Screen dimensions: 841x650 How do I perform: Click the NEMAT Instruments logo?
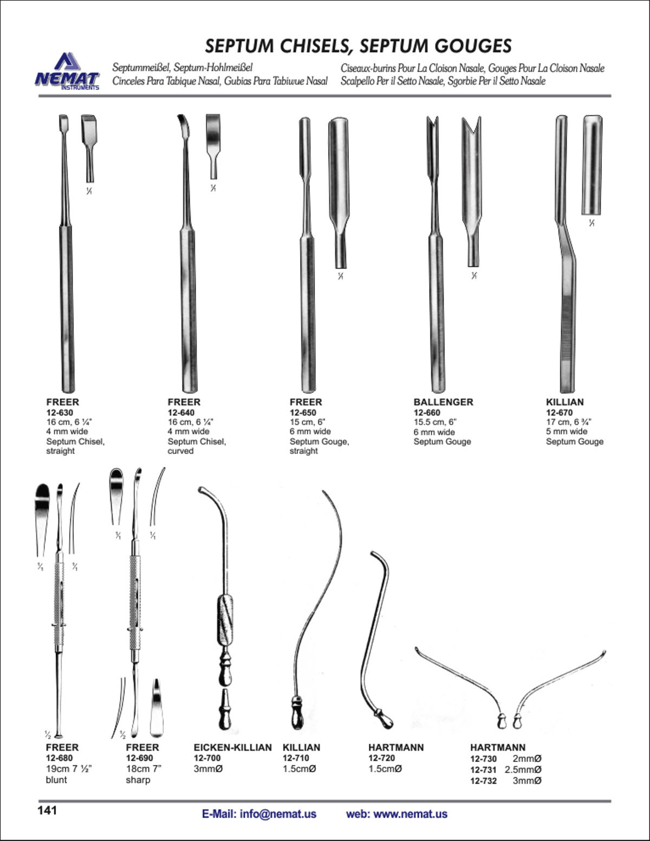pos(67,72)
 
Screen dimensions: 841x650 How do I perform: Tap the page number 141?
pos(47,811)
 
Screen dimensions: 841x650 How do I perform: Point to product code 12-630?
pos(60,413)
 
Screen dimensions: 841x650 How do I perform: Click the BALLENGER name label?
pos(443,402)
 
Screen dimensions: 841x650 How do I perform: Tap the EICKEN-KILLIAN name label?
pos(233,747)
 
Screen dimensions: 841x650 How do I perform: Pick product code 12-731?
pos(483,770)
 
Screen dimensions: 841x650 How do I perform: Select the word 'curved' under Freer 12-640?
pos(180,451)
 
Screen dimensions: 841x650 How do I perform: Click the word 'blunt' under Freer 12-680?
pos(56,780)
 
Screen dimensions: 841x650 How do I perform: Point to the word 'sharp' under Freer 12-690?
pos(138,780)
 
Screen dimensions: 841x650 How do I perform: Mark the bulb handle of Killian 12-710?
pos(297,715)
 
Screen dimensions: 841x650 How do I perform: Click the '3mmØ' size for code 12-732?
pos(527,780)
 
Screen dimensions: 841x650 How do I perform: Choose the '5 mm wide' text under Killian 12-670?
pos(567,432)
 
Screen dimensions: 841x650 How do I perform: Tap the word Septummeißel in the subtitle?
pos(142,68)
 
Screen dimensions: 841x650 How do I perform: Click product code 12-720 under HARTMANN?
pos(382,758)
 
